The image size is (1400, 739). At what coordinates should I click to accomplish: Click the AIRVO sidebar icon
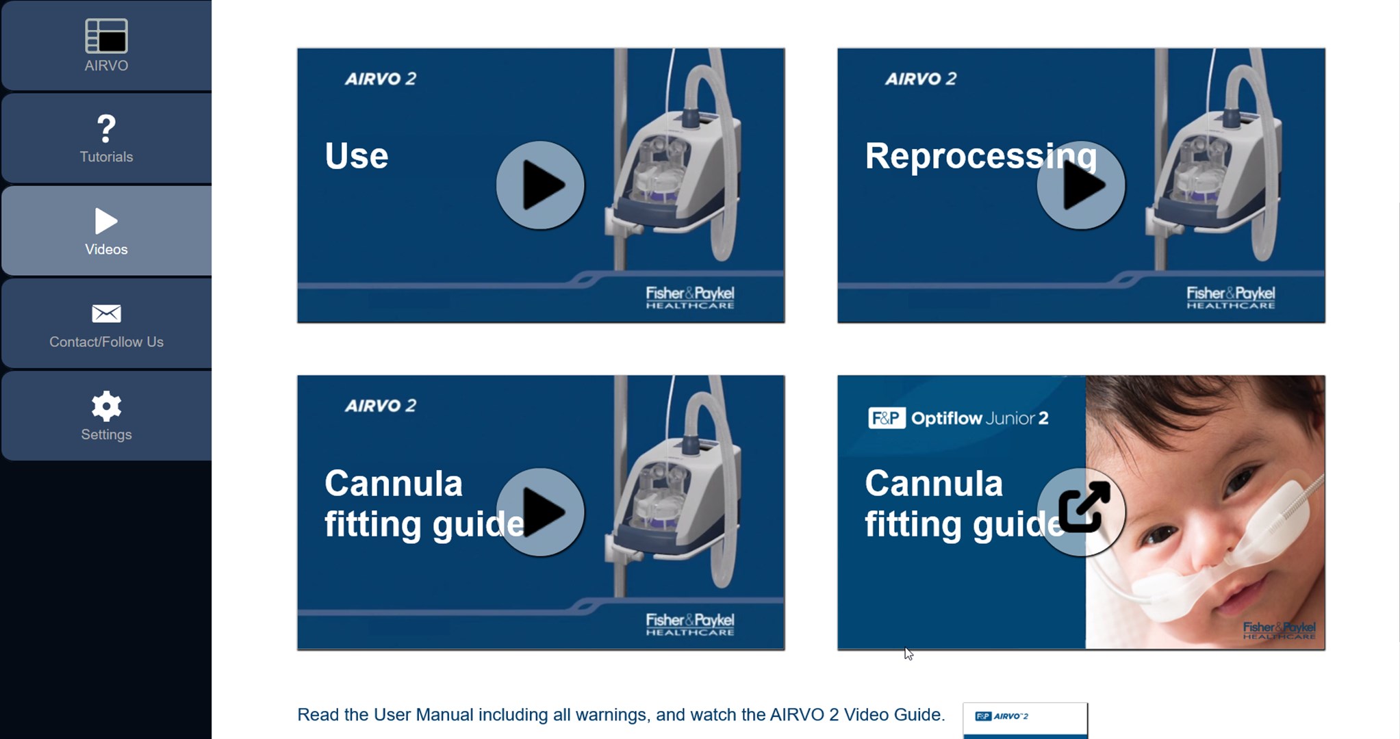[106, 36]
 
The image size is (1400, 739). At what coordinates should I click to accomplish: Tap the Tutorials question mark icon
[106, 128]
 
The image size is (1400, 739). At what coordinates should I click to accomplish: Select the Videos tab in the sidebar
[106, 231]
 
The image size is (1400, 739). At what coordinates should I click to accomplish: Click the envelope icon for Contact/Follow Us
[106, 313]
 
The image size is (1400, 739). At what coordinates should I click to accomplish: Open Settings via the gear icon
[106, 406]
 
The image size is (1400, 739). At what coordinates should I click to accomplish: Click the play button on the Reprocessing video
[1081, 185]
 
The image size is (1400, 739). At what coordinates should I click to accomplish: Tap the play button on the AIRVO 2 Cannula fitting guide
[540, 512]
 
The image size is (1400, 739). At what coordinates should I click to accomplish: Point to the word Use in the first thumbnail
[357, 156]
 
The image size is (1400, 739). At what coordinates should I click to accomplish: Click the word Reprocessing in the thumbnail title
[981, 157]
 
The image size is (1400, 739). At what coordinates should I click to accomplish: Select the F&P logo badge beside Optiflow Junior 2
[887, 417]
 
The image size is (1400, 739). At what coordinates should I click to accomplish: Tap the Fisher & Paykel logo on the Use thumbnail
[690, 298]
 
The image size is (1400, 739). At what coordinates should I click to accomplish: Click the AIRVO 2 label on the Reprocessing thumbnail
[921, 79]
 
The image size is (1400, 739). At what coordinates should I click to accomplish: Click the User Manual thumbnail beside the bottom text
[1025, 721]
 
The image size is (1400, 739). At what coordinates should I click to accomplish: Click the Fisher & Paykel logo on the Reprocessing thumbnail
[1230, 298]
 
